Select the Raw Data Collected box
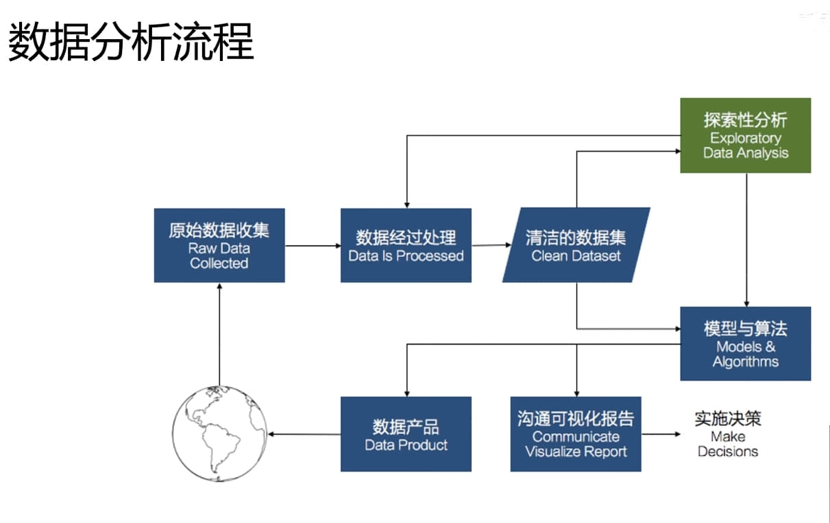pos(219,245)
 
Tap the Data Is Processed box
pos(406,245)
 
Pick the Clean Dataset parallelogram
pos(576,245)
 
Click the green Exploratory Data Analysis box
pos(745,135)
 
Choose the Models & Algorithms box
pos(745,343)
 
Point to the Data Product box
pos(406,434)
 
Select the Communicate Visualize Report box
pos(576,434)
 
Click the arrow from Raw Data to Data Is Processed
pos(313,245)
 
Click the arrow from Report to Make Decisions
pos(661,434)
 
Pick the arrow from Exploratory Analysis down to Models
pos(746,240)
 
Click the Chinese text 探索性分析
pos(745,120)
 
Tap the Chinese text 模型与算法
pos(745,328)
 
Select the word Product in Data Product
pos(423,445)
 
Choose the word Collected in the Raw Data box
pos(219,263)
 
